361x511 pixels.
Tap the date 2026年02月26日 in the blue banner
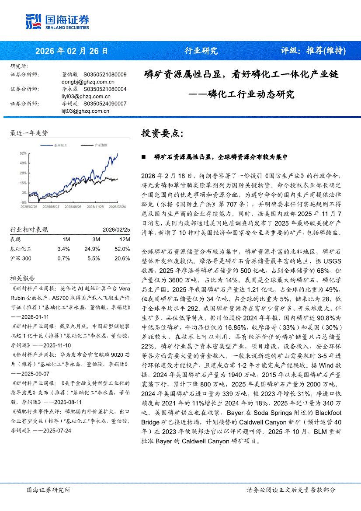click(71, 51)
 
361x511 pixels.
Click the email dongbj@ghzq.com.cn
click(88, 81)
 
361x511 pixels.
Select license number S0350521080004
click(104, 89)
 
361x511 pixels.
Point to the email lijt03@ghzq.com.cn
click(85, 111)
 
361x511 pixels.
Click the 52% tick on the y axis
click(23, 153)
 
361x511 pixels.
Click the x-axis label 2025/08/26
click(72, 206)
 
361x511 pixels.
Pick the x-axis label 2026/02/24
click(117, 206)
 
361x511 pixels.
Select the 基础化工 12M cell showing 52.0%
click(122, 249)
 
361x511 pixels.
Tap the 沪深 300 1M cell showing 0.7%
click(63, 259)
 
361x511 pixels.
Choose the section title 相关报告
click(19, 278)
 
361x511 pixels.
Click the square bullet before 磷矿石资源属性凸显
click(143, 157)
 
